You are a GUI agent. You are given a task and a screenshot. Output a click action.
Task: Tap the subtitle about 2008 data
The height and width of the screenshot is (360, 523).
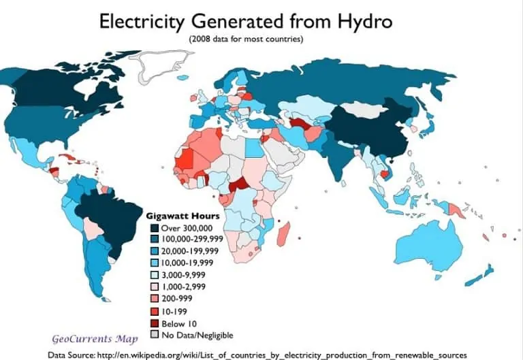tap(246, 39)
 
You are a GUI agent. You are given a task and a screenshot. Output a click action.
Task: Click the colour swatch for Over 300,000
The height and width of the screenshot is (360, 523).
tap(154, 227)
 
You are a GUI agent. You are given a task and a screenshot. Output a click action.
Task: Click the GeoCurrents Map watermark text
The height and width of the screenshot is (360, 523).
tap(95, 338)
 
